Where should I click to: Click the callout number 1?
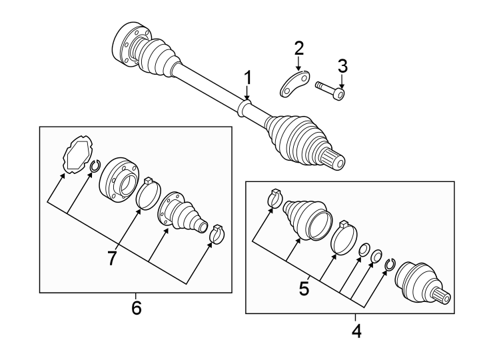point(247,77)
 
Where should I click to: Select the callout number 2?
point(299,48)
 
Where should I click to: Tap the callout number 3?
point(342,65)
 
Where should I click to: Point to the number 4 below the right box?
point(356,330)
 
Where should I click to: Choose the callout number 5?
point(304,288)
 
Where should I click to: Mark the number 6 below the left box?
point(136,308)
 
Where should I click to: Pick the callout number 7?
point(112,257)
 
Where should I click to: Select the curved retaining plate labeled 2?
point(292,85)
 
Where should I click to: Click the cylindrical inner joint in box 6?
point(120,180)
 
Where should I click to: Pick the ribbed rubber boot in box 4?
point(306,215)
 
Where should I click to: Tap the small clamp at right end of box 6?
point(218,234)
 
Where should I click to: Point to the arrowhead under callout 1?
point(247,99)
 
